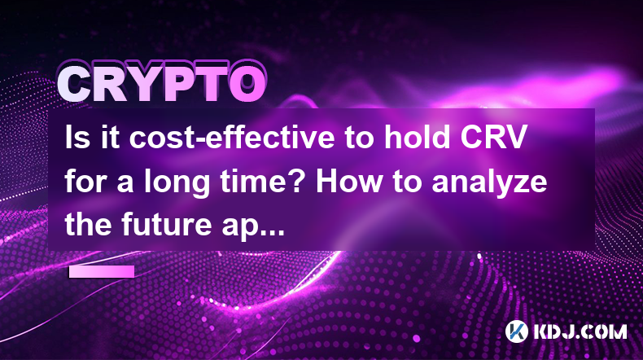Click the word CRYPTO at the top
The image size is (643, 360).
tap(162, 84)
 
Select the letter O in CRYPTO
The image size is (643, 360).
tap(247, 84)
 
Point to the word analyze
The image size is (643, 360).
tap(489, 182)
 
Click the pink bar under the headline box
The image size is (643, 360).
tap(101, 271)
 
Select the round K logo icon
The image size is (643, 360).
tap(516, 331)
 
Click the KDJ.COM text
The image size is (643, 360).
tap(580, 331)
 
